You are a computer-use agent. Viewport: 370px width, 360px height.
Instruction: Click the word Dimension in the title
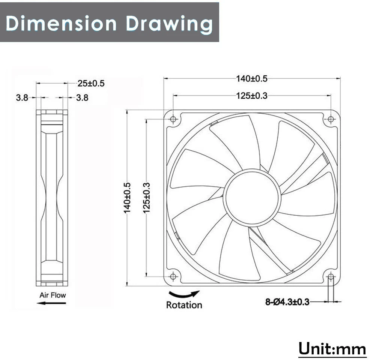[x=61, y=23]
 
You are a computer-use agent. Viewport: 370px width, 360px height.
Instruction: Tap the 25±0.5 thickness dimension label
[x=91, y=84]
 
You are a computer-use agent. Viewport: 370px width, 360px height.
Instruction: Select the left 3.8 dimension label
[x=22, y=97]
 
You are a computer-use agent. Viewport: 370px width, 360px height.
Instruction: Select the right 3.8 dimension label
[x=82, y=97]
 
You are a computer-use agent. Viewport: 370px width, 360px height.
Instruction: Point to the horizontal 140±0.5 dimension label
[x=252, y=78]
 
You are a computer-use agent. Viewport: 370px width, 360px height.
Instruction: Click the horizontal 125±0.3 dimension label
[x=252, y=96]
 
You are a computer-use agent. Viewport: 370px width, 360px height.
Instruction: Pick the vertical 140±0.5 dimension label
[x=127, y=198]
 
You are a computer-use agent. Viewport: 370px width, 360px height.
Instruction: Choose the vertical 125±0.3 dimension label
[x=146, y=198]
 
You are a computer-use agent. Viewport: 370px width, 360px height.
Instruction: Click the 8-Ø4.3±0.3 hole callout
[x=287, y=302]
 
